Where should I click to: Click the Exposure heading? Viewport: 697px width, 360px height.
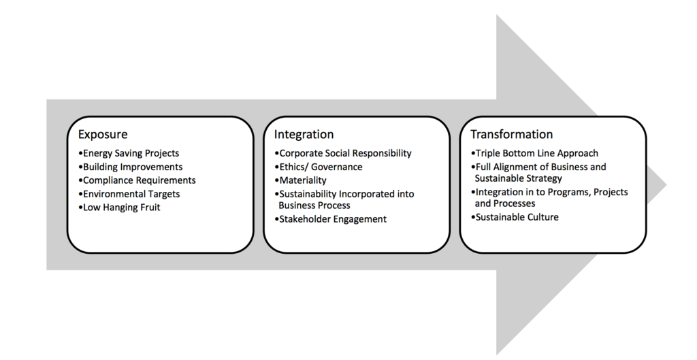[x=102, y=135]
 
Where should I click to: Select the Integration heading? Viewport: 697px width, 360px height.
[x=304, y=135]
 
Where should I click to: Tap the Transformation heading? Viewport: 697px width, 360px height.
[x=511, y=135]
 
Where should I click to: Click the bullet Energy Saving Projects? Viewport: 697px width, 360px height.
[x=129, y=154]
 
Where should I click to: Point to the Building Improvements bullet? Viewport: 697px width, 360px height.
[x=131, y=167]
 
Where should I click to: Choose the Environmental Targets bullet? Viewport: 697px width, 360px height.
[x=129, y=194]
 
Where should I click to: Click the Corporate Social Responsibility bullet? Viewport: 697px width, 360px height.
[x=344, y=154]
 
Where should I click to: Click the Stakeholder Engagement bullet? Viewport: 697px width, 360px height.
[x=331, y=219]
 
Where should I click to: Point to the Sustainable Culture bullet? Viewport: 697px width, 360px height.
[x=515, y=216]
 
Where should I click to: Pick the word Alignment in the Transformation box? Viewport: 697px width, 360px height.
[x=519, y=167]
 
